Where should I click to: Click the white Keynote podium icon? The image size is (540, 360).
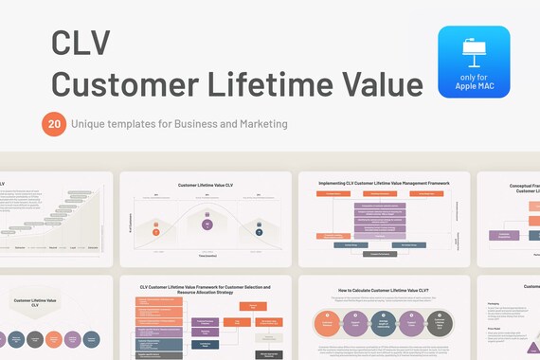474,51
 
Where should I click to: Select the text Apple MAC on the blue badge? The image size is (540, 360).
474,85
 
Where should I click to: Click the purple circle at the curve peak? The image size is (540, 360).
207,225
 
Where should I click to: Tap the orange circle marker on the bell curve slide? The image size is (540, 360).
155,229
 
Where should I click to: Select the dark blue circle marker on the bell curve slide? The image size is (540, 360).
257,229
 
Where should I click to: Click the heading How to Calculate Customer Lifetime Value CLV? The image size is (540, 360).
383,292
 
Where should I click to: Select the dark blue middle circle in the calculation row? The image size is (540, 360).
383,324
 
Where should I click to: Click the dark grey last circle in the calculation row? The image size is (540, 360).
438,324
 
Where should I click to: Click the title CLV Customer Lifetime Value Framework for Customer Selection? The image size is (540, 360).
205,289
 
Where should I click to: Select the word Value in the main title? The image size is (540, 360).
375,84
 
